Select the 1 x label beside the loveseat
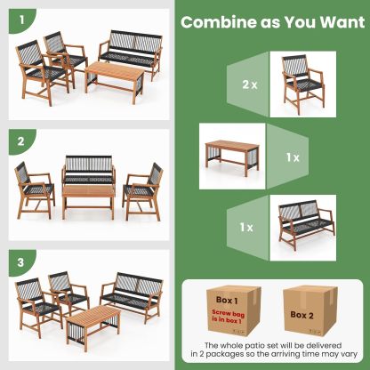coord(245,228)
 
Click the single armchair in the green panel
coord(306,85)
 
